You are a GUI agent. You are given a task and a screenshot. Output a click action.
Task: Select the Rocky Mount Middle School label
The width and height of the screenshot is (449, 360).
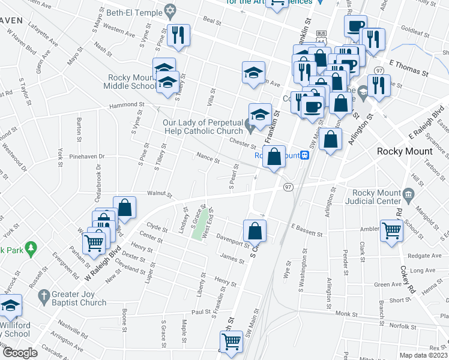[x=131, y=82]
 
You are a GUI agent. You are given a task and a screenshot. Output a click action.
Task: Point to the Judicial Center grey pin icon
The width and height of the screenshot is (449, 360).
[x=409, y=194]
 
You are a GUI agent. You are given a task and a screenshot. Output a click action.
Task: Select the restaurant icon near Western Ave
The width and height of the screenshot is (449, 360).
[x=179, y=35]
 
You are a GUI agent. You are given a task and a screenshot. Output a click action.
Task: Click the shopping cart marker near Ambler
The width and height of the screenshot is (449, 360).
[x=392, y=230]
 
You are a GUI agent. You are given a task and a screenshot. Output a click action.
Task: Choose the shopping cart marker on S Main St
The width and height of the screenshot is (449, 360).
[x=232, y=342]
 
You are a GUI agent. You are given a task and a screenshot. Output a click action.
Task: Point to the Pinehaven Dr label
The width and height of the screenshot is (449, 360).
[x=87, y=156]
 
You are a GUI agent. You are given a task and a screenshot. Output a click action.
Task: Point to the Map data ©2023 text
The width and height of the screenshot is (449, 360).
[x=424, y=355]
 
